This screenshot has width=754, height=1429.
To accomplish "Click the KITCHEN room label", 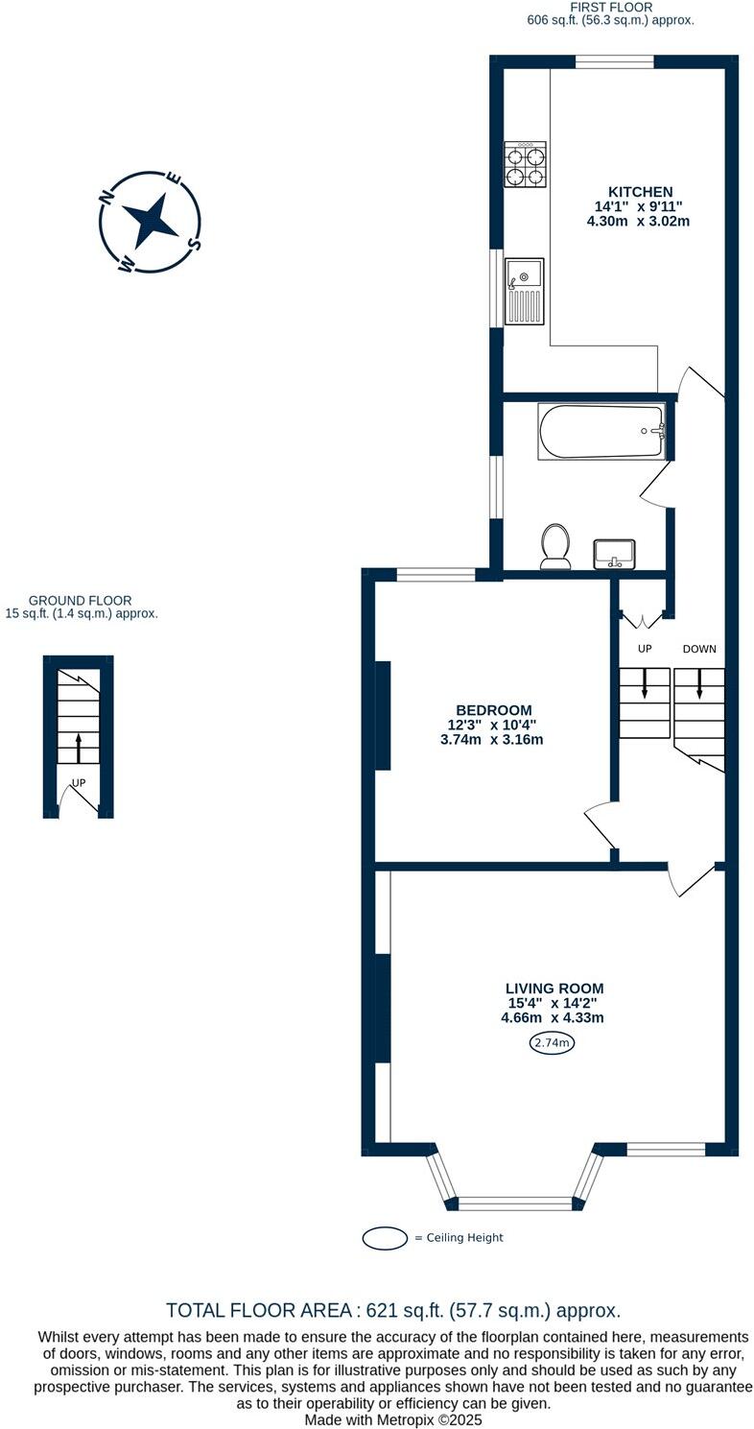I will tap(640, 192).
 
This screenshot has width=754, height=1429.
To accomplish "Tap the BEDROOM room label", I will tap(493, 710).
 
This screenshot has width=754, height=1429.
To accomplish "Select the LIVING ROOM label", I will tap(554, 988).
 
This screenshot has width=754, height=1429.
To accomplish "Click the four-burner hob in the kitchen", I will tap(526, 164).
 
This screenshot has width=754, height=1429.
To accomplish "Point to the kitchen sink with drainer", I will tap(525, 292).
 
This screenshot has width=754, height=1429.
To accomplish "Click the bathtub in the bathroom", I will tap(601, 432).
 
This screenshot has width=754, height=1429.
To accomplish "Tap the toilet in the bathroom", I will tap(555, 546).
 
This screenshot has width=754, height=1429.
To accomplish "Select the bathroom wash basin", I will tap(614, 554).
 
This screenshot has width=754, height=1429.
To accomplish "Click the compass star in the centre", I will tap(152, 222).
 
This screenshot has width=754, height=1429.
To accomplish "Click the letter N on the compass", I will tap(108, 198).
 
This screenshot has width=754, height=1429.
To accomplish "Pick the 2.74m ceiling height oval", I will tap(552, 1043).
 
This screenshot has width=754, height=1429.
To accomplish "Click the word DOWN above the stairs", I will tap(699, 650).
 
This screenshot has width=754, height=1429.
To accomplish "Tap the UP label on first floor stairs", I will tap(645, 650).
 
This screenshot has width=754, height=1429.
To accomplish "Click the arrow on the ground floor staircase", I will tap(79, 745).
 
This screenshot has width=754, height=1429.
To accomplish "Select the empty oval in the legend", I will tap(386, 1238).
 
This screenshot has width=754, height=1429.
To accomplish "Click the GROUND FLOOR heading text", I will tap(80, 601).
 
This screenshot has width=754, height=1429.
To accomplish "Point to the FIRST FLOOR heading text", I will tap(611, 7).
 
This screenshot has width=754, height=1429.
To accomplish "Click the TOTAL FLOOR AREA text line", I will tap(393, 1310).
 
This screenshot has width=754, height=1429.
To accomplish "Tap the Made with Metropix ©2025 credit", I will tap(393, 1419).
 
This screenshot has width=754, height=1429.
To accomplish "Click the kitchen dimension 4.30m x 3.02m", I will tap(638, 221).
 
